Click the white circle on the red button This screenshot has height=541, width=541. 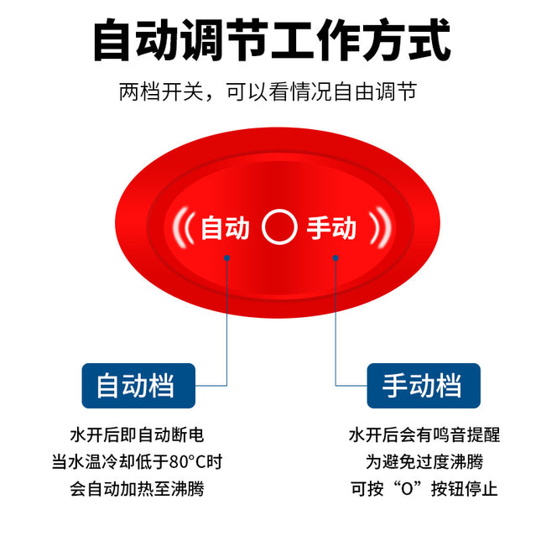[279, 211]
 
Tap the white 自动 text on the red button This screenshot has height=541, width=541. [225, 227]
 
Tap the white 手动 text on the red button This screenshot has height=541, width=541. [331, 227]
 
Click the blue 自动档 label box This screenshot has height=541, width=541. [138, 386]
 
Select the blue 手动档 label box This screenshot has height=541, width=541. [424, 386]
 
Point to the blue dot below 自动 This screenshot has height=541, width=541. [226, 257]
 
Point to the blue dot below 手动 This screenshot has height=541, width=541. [336, 257]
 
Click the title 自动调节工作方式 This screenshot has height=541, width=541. [272, 40]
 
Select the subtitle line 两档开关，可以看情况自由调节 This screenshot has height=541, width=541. [268, 91]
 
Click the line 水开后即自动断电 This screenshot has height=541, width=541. [137, 434]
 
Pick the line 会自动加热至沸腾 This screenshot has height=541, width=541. [137, 488]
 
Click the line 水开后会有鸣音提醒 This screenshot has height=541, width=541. [424, 434]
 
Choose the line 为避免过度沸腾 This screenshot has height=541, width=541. [424, 461]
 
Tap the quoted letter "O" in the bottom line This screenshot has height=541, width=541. [407, 489]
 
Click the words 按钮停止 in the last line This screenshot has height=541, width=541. [464, 488]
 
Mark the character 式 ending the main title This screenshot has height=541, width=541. [429, 40]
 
